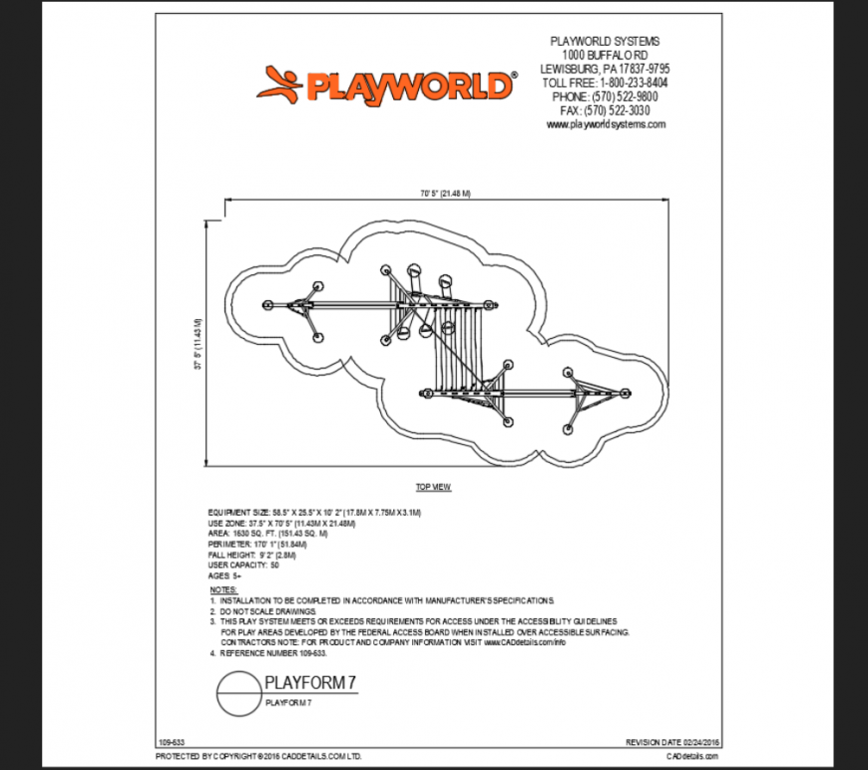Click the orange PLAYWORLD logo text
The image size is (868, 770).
point(409,87)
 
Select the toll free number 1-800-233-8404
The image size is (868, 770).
point(605,83)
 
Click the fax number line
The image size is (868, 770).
point(605,111)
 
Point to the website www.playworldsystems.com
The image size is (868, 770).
point(605,125)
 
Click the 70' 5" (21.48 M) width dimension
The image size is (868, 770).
point(444,192)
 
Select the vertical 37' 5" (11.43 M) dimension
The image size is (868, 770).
point(199,345)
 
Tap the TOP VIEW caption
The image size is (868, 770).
point(434,487)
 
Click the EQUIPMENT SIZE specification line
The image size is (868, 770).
point(315,512)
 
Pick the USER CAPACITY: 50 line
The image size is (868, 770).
point(243,566)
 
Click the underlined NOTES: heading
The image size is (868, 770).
point(223,589)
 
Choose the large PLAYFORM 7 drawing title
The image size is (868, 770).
point(310,683)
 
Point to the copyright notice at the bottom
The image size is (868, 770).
point(258,757)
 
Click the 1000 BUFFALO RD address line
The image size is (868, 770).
point(605,55)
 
